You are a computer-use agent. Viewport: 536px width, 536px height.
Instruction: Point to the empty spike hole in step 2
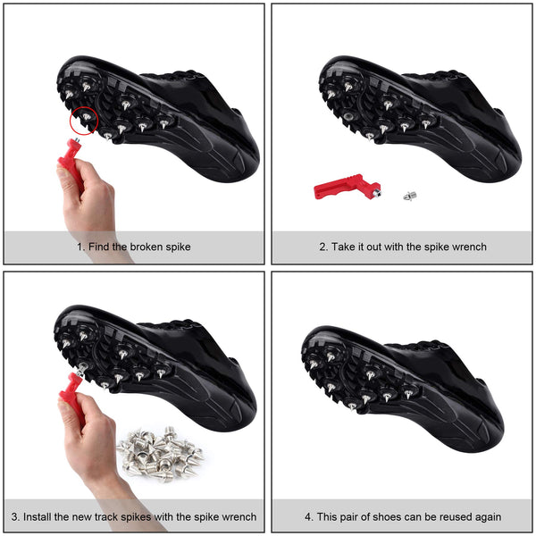coord(348,116)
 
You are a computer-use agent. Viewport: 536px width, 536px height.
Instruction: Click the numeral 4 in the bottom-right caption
coord(307,516)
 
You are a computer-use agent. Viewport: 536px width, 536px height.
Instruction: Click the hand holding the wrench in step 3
coord(92,448)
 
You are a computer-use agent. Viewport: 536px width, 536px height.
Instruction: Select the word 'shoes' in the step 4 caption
coord(388,516)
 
